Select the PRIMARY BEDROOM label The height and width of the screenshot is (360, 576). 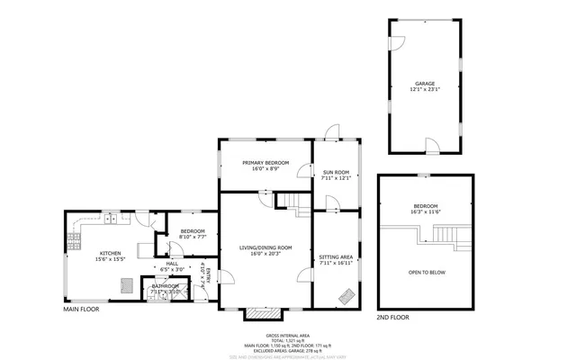point(265,162)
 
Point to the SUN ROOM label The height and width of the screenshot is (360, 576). point(335,171)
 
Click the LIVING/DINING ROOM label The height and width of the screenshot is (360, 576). point(265,247)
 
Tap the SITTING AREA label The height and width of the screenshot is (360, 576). point(335,257)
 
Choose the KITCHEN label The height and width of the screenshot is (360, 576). point(111,254)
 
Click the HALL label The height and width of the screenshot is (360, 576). point(172,263)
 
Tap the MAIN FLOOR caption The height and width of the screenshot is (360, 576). point(81,309)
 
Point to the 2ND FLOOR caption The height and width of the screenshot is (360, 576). point(392,318)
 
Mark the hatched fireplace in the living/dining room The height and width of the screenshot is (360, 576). point(263,312)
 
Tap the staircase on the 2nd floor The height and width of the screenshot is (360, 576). point(444,237)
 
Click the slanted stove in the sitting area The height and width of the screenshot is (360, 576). point(345,294)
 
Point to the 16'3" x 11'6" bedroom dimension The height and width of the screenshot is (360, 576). point(426,211)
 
